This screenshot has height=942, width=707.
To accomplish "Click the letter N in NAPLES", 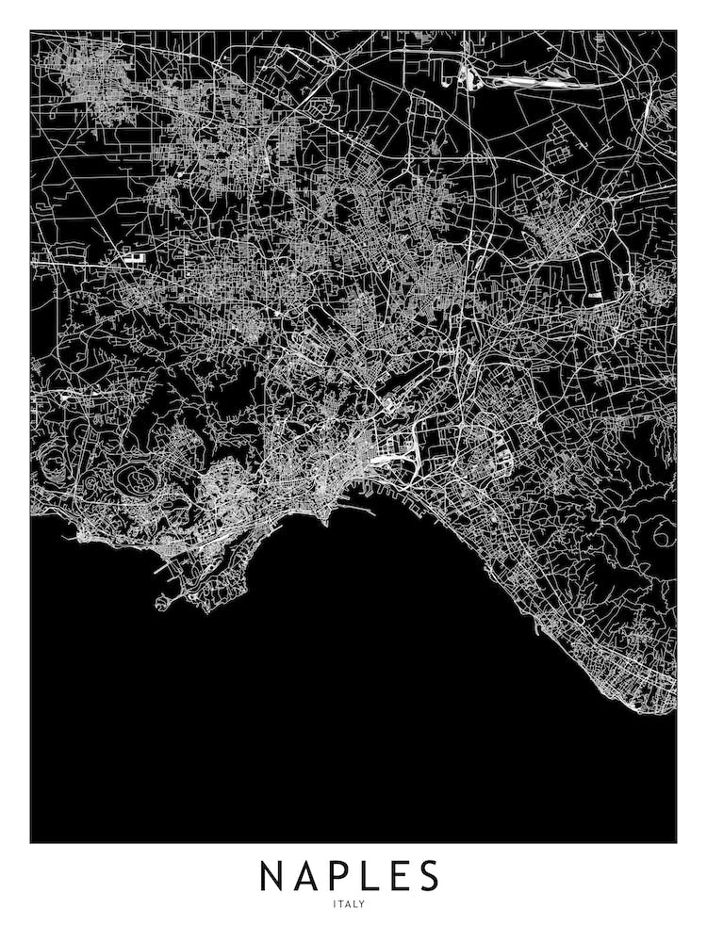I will point(273,876).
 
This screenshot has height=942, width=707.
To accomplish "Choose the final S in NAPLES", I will point(429,876).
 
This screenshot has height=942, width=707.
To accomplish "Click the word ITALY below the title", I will point(349,905).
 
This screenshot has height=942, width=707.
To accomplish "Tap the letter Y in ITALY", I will point(362,905).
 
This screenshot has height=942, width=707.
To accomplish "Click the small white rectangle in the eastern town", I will point(596,297).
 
